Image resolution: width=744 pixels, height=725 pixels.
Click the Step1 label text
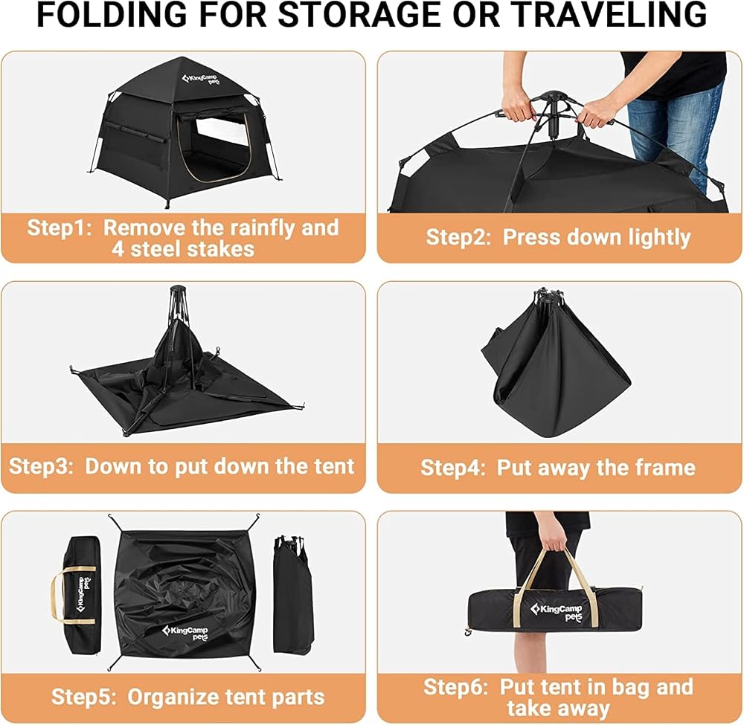(60, 228)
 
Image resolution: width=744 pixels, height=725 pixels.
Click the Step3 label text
(41, 466)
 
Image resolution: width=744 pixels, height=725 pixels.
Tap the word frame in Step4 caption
(666, 468)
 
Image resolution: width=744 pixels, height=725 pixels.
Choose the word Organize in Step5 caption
(173, 697)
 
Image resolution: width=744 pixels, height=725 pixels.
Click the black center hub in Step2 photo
(551, 112)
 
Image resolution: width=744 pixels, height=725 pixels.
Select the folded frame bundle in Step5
(293, 595)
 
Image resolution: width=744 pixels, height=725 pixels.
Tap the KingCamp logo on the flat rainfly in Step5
(185, 633)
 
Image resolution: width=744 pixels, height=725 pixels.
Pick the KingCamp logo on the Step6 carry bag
(556, 612)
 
